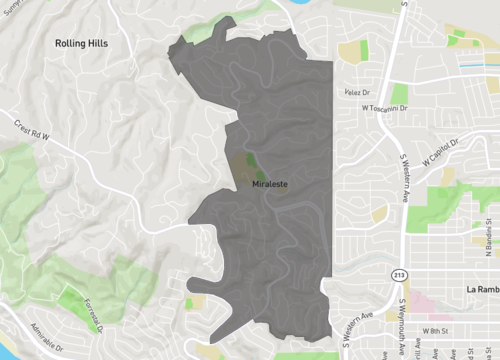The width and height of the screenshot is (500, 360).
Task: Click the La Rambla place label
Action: tap(482, 290)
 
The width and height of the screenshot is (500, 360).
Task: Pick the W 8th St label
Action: tap(438, 330)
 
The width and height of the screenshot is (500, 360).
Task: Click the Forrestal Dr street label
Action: tap(96, 306)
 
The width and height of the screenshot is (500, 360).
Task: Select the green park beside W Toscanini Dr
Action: tap(399, 93)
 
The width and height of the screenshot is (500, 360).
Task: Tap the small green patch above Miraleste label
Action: tap(246, 160)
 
